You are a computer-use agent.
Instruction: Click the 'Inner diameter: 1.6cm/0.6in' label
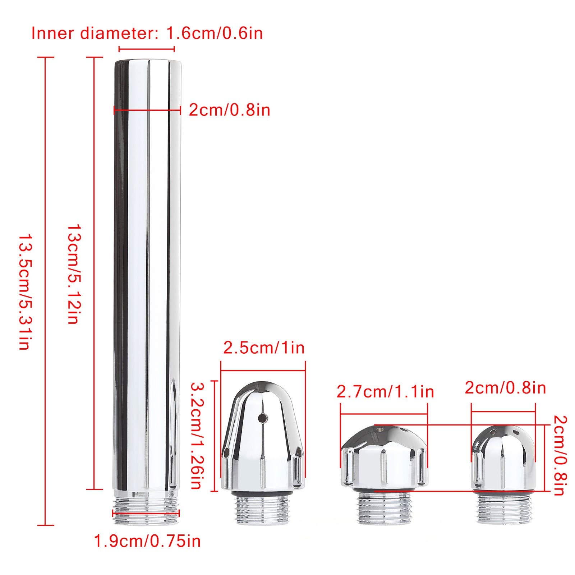(147, 33)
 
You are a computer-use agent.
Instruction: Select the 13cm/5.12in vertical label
(74, 275)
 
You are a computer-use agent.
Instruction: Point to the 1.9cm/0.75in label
(147, 540)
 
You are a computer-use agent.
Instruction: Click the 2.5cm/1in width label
(264, 348)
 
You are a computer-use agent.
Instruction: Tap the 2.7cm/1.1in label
(385, 391)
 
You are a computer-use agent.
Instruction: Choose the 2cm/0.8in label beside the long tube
(230, 110)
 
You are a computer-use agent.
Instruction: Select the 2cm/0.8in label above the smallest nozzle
(505, 388)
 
